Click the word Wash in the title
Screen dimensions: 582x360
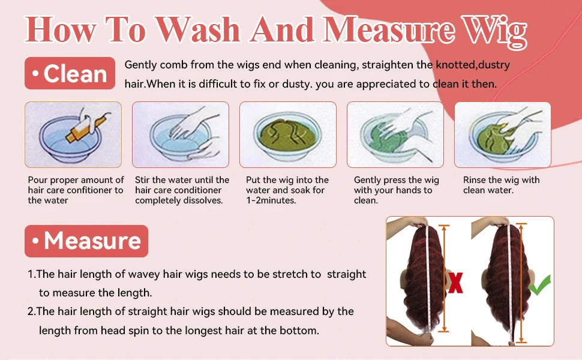(x=198, y=29)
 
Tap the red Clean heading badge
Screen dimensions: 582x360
(x=70, y=73)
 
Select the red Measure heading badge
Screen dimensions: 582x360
(x=86, y=241)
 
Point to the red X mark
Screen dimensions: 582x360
(x=455, y=283)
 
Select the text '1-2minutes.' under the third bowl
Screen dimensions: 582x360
(x=271, y=200)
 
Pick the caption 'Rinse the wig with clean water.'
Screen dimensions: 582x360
(x=501, y=185)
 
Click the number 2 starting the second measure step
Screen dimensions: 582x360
(x=31, y=311)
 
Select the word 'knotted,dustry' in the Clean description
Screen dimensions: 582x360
(x=473, y=65)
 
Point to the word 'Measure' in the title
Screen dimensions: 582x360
(x=388, y=29)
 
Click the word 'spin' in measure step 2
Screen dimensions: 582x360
(x=138, y=331)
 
